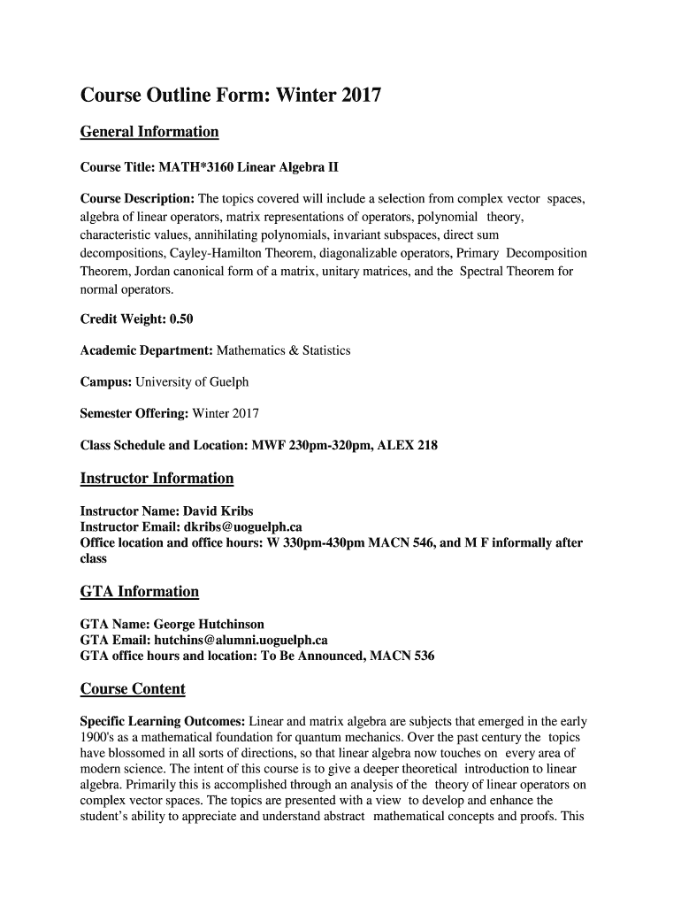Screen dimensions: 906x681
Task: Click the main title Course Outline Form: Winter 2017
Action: coord(231,95)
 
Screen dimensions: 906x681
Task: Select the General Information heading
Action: coord(149,132)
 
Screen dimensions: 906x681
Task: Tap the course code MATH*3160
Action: coord(185,167)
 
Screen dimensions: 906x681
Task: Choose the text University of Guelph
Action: coord(192,382)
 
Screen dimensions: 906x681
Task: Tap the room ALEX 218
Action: coord(408,445)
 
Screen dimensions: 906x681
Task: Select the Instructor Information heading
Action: coord(157,479)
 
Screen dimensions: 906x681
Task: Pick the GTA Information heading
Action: coord(139,591)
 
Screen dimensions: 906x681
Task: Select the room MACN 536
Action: coord(402,656)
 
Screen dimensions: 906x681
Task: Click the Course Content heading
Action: coord(133,689)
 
